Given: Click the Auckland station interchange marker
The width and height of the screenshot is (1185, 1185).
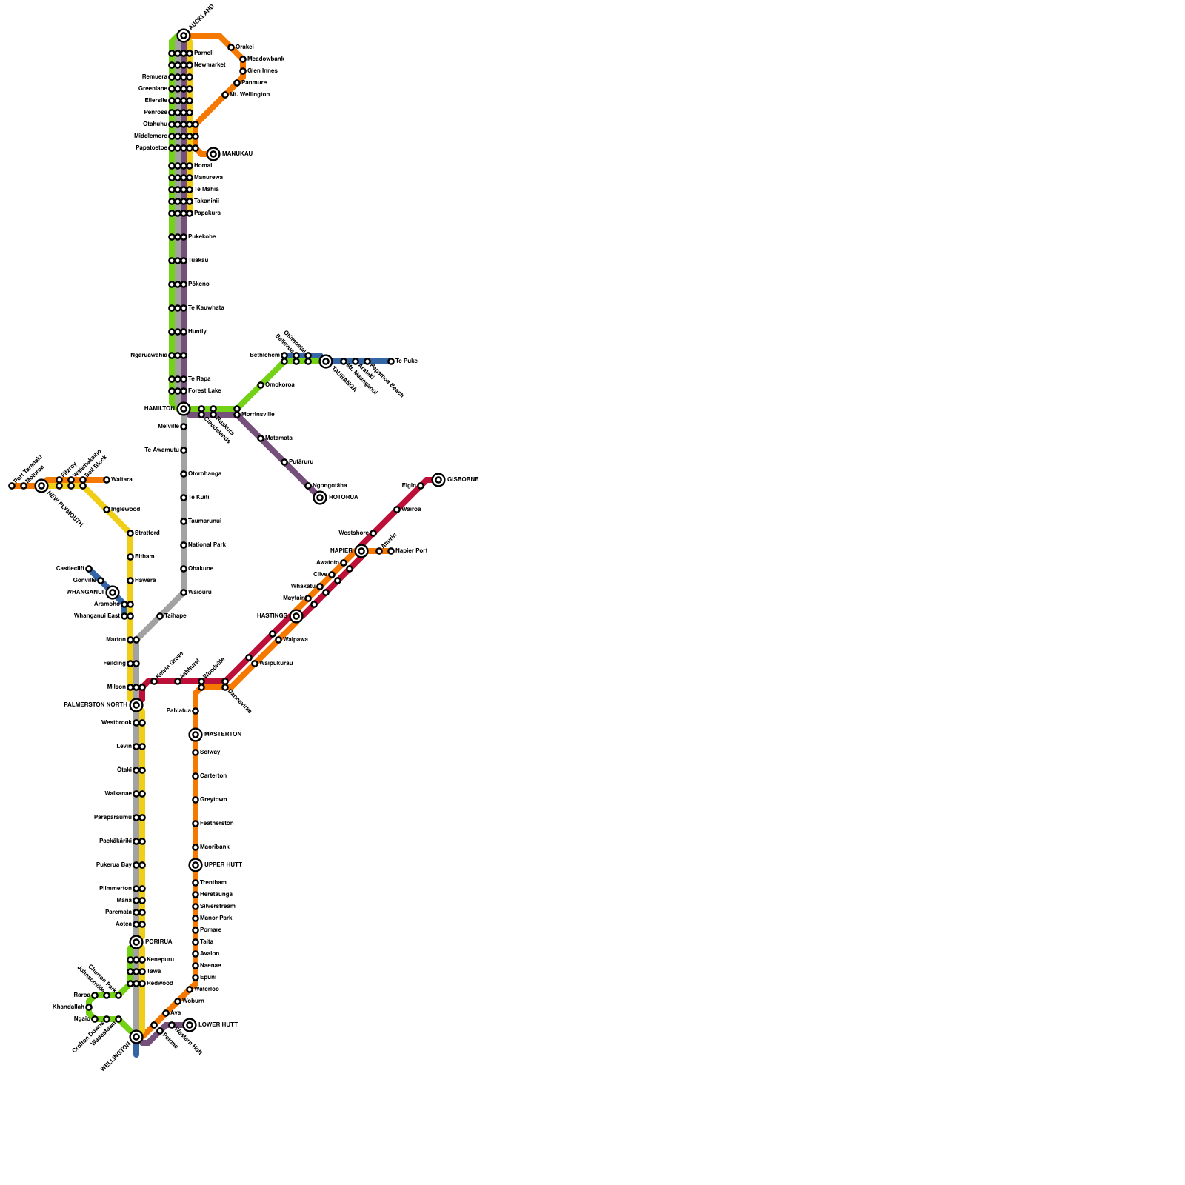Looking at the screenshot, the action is point(184,36).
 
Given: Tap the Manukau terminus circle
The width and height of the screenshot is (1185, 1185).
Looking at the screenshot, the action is point(213,154).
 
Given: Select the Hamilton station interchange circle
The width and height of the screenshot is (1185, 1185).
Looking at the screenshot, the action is point(184,409).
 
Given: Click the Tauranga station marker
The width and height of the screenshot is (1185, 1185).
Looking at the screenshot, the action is point(326,361).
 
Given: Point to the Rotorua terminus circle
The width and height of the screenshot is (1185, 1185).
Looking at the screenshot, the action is point(320,498).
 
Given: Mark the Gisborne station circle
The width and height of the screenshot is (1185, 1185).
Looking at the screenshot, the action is point(438,480).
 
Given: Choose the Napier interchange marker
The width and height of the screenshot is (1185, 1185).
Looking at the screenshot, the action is point(361,551).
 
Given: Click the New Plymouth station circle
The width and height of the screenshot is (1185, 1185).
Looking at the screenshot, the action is point(41,486).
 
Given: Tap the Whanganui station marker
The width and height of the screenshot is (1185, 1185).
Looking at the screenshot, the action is point(113,592).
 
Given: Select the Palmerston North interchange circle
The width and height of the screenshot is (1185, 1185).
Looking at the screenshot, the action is point(136,705).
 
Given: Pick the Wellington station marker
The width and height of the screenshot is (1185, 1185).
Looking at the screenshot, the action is point(136,1037).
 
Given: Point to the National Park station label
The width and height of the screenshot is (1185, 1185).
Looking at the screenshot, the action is point(207,545).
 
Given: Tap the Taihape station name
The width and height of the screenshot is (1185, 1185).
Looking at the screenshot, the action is point(176,616).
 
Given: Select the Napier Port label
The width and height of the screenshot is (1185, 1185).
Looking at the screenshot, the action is point(411,551).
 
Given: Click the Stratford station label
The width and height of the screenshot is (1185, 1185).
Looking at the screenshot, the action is point(147,533).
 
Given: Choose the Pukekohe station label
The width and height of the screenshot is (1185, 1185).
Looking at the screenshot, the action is point(201,237).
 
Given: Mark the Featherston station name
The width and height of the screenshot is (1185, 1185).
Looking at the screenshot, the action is point(216,824).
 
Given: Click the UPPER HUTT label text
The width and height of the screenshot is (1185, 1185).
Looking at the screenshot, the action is point(223,865).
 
